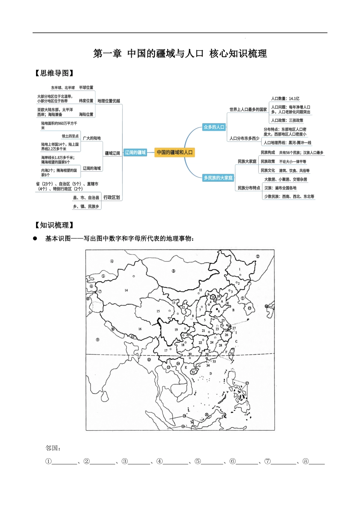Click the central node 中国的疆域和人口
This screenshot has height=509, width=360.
175,152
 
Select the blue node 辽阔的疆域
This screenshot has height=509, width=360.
135,152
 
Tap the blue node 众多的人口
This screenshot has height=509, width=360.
214,127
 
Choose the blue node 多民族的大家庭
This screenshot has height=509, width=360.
218,178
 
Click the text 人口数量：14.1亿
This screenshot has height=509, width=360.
285,98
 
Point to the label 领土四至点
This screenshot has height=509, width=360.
70,136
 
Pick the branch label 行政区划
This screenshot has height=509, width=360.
111,197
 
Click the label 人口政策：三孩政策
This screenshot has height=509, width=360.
287,120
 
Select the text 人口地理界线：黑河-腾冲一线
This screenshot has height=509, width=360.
287,143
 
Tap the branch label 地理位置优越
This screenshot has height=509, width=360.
109,101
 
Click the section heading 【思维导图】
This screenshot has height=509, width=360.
54,73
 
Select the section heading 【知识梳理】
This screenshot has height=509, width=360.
54,225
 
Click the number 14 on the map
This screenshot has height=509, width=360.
126,290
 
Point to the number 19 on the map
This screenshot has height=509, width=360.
176,330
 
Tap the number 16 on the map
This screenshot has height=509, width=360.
140,329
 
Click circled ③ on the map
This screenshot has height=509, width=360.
174,271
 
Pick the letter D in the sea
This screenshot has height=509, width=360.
211,374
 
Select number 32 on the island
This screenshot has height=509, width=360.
193,372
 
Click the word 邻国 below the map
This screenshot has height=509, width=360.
53,448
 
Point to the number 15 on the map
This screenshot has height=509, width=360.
158,311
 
